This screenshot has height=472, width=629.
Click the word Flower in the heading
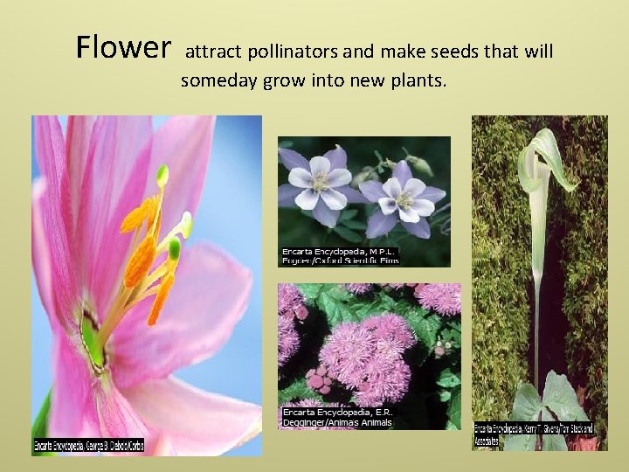[x=123, y=47]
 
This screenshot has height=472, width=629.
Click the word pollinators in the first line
[x=288, y=52]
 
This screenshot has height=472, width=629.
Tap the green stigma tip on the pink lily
[x=162, y=176]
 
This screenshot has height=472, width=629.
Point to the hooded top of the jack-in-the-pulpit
[x=546, y=157]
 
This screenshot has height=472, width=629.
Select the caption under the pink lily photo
[x=87, y=446]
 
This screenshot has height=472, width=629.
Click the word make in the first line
[x=409, y=52]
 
